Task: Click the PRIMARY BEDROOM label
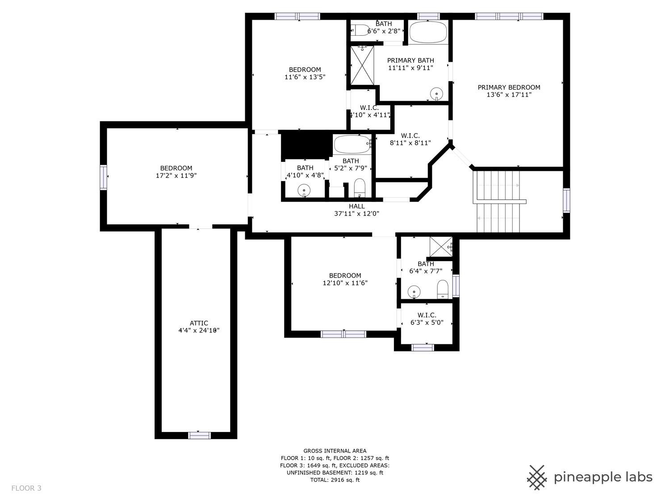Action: [509, 88]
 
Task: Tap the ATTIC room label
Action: [199, 323]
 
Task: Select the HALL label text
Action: [356, 206]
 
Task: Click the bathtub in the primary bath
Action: [428, 33]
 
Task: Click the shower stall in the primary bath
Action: [361, 65]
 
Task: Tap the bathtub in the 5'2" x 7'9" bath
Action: [352, 144]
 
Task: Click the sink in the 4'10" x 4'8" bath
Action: [304, 191]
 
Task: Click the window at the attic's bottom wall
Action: [199, 435]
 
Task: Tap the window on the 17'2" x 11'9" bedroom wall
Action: [103, 177]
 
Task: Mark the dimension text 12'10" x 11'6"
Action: [345, 283]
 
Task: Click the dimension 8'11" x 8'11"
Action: [410, 143]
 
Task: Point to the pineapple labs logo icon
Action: [537, 477]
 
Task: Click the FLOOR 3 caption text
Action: [26, 488]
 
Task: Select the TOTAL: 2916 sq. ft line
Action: [335, 480]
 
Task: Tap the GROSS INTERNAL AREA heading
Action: [335, 451]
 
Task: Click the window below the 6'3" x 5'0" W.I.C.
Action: [423, 347]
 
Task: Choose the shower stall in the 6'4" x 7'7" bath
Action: [440, 246]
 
